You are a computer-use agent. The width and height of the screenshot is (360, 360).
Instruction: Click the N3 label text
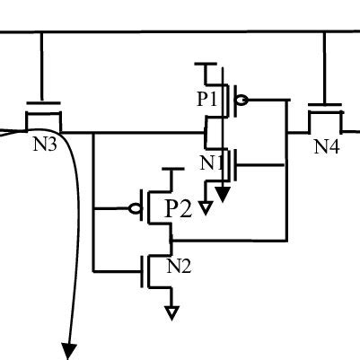(45, 144)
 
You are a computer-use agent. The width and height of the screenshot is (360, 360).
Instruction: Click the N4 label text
(327, 146)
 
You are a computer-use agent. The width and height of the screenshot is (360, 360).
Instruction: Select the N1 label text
(212, 163)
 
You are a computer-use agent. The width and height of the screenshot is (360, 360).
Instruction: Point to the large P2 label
(179, 209)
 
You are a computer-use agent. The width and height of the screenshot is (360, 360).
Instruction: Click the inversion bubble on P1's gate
(241, 101)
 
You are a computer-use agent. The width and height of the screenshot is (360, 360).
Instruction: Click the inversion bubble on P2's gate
(136, 209)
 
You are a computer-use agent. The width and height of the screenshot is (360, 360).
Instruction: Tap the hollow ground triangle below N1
(206, 208)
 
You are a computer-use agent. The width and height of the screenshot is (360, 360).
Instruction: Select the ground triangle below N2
(171, 312)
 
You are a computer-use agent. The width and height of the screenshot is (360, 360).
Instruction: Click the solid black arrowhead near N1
(223, 189)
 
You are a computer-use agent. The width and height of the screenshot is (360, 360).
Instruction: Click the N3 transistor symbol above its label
(42, 117)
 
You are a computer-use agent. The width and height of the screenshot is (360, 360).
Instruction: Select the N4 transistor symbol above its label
(325, 118)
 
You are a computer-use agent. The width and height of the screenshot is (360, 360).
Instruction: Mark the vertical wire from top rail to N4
(324, 70)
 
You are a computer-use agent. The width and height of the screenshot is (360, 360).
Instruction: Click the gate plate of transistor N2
(142, 270)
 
